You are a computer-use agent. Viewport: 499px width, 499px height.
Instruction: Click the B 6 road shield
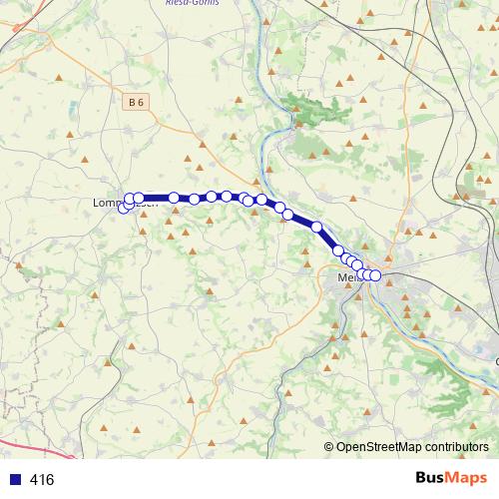pyautogui.click(x=137, y=102)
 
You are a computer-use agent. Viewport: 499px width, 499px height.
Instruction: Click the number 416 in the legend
pyautogui.click(x=42, y=480)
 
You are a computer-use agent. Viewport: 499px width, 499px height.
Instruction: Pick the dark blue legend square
pyautogui.click(x=15, y=480)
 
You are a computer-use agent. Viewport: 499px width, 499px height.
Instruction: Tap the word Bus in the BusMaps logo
pyautogui.click(x=431, y=479)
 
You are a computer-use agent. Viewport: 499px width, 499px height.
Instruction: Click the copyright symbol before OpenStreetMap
pyautogui.click(x=329, y=448)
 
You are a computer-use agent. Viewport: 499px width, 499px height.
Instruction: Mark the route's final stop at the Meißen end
pyautogui.click(x=375, y=275)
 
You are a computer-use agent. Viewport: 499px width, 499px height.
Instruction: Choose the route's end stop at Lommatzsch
pyautogui.click(x=124, y=208)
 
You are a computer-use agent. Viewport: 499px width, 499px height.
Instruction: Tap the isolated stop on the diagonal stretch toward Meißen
pyautogui.click(x=317, y=227)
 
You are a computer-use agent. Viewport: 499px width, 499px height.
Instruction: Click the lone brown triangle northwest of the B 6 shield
pyautogui.click(x=59, y=77)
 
